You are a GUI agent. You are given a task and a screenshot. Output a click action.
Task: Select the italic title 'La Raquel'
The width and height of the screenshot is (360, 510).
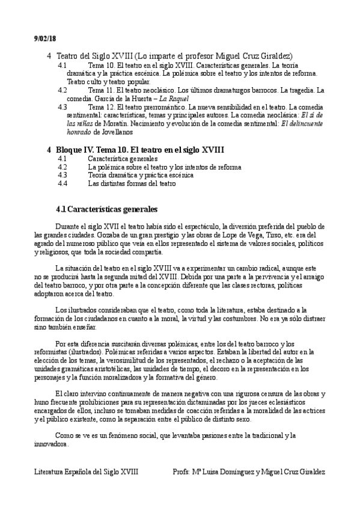175,98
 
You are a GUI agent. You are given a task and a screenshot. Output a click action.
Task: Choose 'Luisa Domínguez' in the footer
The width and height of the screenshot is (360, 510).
225,472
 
